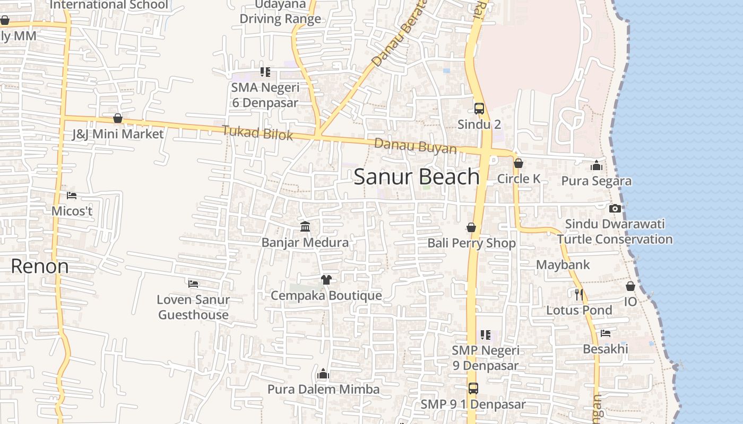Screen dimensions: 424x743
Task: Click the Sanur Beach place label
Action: click(x=417, y=176)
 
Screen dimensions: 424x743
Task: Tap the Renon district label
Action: click(x=40, y=266)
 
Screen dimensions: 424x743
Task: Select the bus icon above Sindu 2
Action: click(x=479, y=109)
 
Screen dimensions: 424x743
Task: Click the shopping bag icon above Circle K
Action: click(x=519, y=163)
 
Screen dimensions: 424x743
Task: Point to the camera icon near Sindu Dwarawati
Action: click(x=615, y=208)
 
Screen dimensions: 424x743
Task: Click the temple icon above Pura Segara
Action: click(x=597, y=165)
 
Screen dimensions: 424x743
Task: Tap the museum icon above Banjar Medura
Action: click(x=305, y=227)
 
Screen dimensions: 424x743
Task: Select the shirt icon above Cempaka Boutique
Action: click(x=326, y=280)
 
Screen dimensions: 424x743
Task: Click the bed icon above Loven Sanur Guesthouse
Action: click(x=193, y=284)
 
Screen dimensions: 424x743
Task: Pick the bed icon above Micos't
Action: click(x=72, y=196)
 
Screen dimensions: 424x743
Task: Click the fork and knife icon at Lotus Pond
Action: click(x=579, y=294)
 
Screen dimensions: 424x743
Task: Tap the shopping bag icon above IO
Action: click(x=630, y=286)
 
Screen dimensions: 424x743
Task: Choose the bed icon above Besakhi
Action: click(x=605, y=333)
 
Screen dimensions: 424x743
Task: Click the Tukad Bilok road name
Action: click(x=257, y=132)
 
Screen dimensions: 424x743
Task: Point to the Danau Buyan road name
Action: click(x=415, y=146)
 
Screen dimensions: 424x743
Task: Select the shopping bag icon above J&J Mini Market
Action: click(x=118, y=118)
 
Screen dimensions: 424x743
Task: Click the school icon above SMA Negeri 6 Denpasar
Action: click(x=265, y=72)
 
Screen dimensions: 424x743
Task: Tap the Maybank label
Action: click(x=563, y=264)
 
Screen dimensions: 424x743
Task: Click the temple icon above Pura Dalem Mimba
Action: click(x=323, y=374)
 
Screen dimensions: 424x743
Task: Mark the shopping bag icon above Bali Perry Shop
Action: click(x=471, y=227)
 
